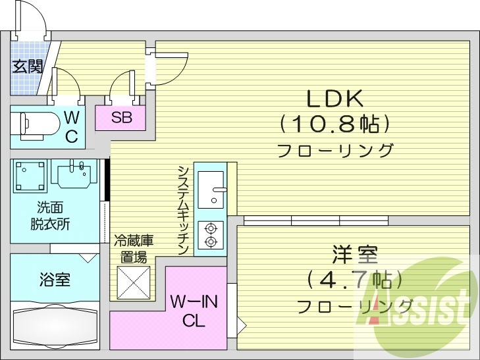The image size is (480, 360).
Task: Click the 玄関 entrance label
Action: pyautogui.click(x=27, y=66)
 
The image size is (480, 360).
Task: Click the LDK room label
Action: pyautogui.click(x=334, y=99)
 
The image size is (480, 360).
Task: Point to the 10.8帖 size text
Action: pyautogui.click(x=334, y=123)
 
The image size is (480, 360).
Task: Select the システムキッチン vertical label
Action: pyautogui.click(x=184, y=210)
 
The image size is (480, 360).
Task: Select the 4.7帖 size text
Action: pyautogui.click(x=354, y=280)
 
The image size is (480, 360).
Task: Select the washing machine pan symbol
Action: pyautogui.click(x=30, y=176)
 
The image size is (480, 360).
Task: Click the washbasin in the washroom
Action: pyautogui.click(x=74, y=174)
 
